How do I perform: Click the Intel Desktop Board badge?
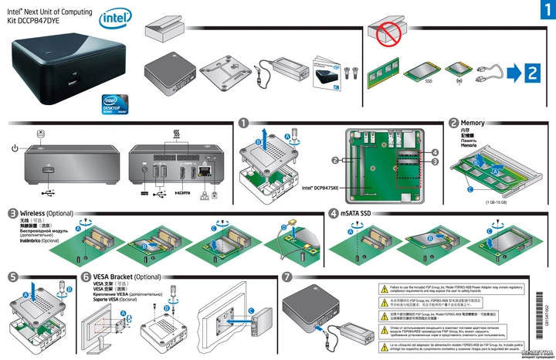pyautogui.click(x=115, y=104)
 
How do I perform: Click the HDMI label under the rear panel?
pyautogui.click(x=182, y=193)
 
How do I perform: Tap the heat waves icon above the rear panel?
pyautogui.click(x=177, y=134)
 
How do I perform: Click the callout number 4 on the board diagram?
pyautogui.click(x=435, y=152)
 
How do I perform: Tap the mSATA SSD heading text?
pyautogui.click(x=356, y=212)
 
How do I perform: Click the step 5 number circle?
pyautogui.click(x=13, y=277)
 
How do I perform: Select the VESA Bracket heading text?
pyautogui.click(x=117, y=277)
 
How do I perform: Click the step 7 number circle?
pyautogui.click(x=287, y=277)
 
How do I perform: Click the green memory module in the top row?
pyautogui.click(x=384, y=71)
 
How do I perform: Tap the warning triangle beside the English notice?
pyautogui.click(x=383, y=288)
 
